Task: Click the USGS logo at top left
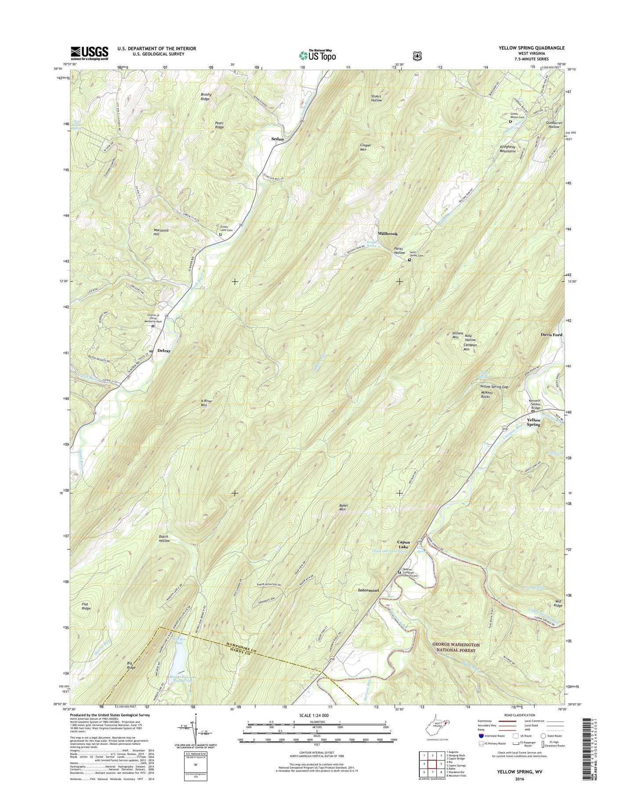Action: [x=89, y=53]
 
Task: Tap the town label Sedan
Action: [x=277, y=139]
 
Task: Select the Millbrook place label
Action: [x=387, y=234]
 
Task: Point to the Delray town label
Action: [x=164, y=351]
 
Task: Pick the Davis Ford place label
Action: [x=551, y=335]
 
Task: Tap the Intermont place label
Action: [x=368, y=590]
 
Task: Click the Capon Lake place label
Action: [x=403, y=545]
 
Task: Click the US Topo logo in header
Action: [x=317, y=55]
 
